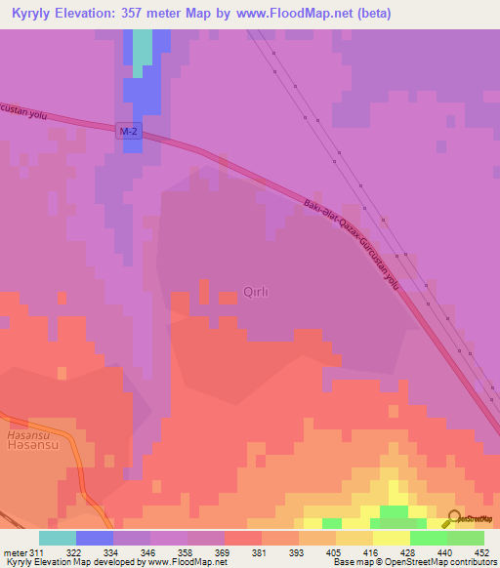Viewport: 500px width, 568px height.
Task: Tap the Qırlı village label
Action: pos(255,290)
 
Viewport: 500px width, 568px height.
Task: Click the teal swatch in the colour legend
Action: pos(58,538)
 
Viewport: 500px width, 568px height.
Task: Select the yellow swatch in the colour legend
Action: pos(392,538)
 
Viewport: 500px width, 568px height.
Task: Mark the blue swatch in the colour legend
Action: pos(95,538)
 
